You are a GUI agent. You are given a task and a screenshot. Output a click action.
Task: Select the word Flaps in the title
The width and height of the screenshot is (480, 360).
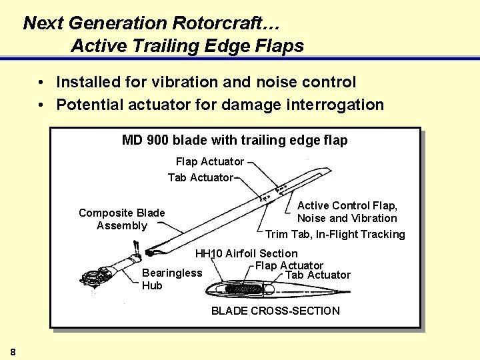point(281,45)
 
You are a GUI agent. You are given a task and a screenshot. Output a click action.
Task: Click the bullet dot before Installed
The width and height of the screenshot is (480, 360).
point(41,83)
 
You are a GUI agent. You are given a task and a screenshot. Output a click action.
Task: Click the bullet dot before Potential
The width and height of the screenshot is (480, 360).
point(41,105)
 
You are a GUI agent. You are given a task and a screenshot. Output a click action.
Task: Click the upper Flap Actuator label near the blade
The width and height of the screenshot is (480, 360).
point(209,161)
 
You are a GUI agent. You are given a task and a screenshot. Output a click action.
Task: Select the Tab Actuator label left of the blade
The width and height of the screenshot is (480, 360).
point(200,177)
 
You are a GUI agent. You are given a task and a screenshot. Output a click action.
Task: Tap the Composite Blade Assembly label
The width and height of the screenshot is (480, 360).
point(121,219)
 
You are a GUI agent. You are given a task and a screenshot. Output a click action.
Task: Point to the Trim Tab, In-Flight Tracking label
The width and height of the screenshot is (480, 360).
point(335,234)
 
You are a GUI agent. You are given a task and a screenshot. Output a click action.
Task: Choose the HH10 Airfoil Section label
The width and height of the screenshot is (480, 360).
point(246,253)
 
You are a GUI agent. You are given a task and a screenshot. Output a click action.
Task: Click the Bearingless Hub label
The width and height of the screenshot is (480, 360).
point(171,279)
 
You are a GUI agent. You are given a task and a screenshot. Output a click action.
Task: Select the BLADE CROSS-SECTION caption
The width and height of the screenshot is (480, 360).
point(275,311)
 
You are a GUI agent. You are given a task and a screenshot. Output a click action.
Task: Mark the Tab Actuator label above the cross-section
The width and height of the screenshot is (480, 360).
point(317,275)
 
